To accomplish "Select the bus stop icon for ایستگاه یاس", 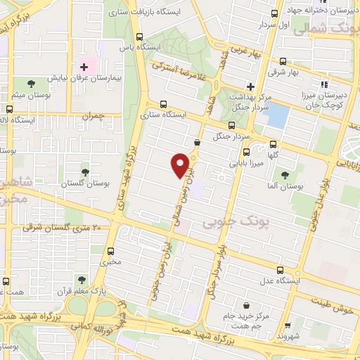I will [140, 37].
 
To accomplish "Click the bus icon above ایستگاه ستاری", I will [163, 103].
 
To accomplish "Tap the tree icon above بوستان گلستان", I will [86, 170].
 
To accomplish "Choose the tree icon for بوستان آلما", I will [285, 176].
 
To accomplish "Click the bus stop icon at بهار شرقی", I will [283, 61].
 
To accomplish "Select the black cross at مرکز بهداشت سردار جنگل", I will [249, 86].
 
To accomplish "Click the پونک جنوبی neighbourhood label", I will [236, 222].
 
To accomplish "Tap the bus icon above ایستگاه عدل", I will [281, 270].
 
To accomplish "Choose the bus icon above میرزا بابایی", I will [245, 151].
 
